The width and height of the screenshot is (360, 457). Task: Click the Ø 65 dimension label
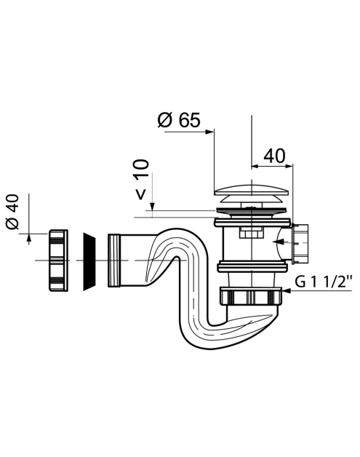tap(179, 120)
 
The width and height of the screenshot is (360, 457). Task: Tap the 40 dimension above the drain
tap(274, 156)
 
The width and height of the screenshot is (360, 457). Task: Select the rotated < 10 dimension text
tap(142, 180)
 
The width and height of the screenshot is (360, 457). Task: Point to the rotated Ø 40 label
tap(12, 212)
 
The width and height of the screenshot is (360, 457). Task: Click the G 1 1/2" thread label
tap(324, 282)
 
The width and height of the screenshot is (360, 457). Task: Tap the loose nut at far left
tap(58, 260)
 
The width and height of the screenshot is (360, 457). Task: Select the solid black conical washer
tap(89, 261)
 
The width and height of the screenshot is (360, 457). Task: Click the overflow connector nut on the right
tap(300, 244)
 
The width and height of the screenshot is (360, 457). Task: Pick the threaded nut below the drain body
tap(251, 296)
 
